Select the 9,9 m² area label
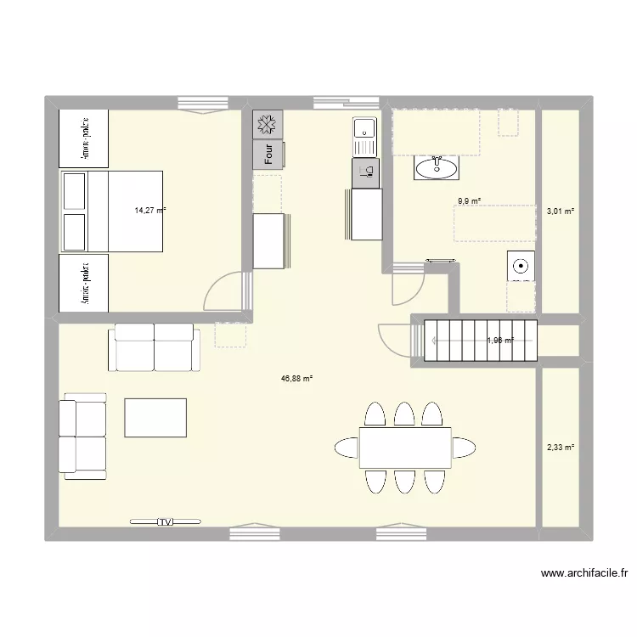[x=469, y=201]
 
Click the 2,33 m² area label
[x=561, y=447]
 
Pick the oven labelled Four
[x=268, y=155]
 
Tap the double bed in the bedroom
[x=111, y=211]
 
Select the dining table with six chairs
[x=404, y=448]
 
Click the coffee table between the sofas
[x=155, y=417]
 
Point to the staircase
[x=476, y=341]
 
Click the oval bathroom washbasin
[x=436, y=168]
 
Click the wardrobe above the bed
[x=83, y=138]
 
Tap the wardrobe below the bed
[x=83, y=283]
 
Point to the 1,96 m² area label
[x=499, y=341]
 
